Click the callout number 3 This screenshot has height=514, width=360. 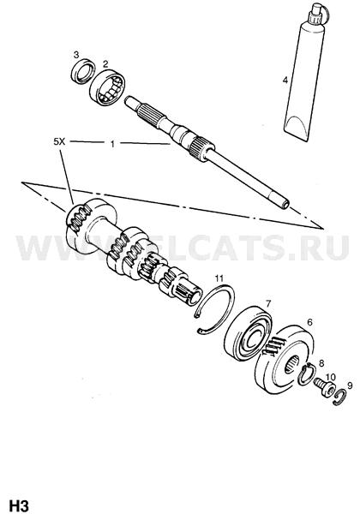(76, 54)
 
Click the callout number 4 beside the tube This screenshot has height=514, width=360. (285, 80)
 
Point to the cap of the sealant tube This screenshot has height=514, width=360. (317, 14)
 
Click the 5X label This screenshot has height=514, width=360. (60, 141)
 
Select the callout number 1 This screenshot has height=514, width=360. (112, 144)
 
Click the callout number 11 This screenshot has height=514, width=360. (219, 278)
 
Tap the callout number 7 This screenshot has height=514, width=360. (268, 304)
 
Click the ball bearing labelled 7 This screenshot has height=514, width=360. (249, 334)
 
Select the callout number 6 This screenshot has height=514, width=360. (309, 322)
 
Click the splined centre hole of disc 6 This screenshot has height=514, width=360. (292, 364)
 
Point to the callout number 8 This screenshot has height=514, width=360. (321, 363)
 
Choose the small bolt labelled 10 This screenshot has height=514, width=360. (325, 387)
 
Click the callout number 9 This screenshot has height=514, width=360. (350, 385)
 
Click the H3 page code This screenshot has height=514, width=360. (20, 505)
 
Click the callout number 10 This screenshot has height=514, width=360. (331, 377)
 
